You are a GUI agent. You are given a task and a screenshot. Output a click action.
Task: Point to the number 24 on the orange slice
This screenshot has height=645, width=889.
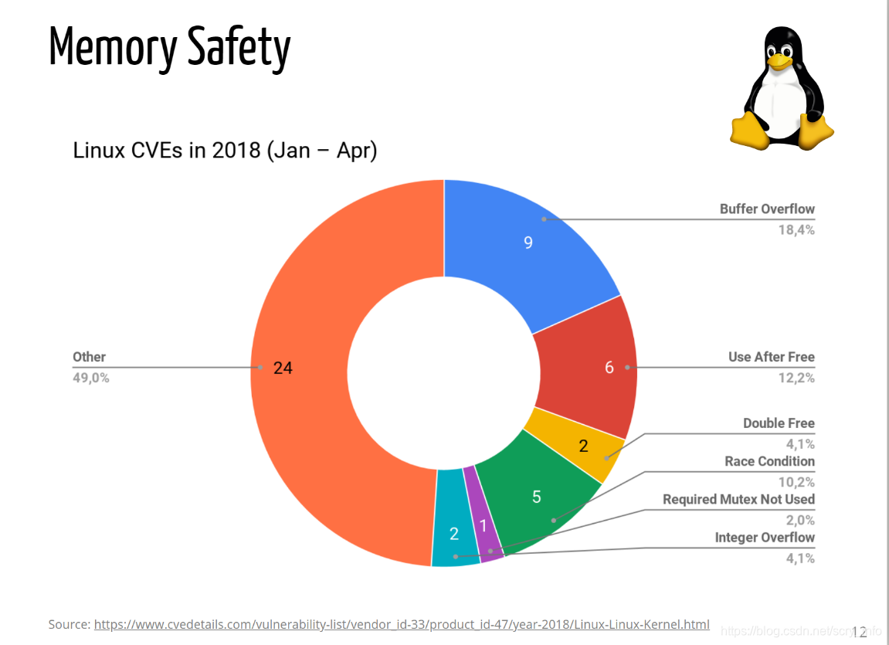[x=283, y=368]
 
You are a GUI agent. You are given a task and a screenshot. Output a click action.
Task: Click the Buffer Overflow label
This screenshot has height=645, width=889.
[x=767, y=209]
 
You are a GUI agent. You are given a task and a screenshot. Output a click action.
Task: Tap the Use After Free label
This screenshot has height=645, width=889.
[x=771, y=357]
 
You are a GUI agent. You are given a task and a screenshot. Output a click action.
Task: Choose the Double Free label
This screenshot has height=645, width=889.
[x=779, y=423]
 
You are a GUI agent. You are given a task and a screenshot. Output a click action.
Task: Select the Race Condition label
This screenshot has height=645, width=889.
[x=769, y=461]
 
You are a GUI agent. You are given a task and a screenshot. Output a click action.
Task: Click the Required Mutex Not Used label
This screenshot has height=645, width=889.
[x=738, y=499]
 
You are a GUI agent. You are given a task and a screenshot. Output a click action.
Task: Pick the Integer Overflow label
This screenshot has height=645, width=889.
[x=765, y=538]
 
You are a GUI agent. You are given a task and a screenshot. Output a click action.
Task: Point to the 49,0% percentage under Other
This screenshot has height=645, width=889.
[x=91, y=379]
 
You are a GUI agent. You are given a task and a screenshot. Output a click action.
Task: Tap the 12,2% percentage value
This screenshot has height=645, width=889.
[x=796, y=378]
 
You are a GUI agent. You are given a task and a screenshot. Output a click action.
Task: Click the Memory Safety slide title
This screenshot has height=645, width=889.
[x=170, y=48]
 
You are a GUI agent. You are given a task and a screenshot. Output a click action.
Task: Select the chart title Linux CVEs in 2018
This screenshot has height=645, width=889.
[x=225, y=150]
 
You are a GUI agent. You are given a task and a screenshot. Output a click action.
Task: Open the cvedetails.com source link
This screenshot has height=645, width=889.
[x=402, y=624]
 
